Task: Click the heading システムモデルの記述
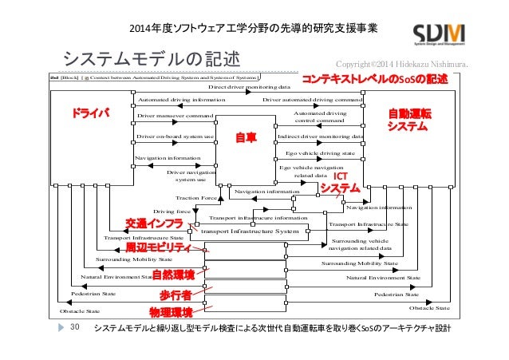tap(152, 60)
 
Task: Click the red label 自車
tap(245, 137)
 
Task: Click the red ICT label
tap(340, 175)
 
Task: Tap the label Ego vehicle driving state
tap(320, 152)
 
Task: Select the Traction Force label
tap(195, 197)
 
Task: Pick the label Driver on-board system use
tap(176, 136)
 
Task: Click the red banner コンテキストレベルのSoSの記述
tap(374, 80)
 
